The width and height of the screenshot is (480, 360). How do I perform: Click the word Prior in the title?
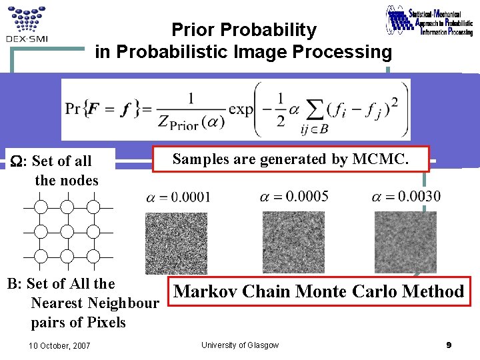click(x=193, y=30)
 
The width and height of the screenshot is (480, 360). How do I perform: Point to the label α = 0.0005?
click(x=294, y=196)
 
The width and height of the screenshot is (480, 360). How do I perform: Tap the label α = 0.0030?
click(x=407, y=196)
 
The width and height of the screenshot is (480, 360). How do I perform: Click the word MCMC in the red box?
click(x=387, y=159)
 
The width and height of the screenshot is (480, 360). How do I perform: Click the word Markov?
click(x=206, y=291)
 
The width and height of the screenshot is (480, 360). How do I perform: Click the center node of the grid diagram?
click(x=67, y=232)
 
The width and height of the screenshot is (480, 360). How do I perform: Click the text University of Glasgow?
click(x=240, y=345)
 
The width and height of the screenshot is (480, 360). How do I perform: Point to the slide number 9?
click(x=449, y=345)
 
